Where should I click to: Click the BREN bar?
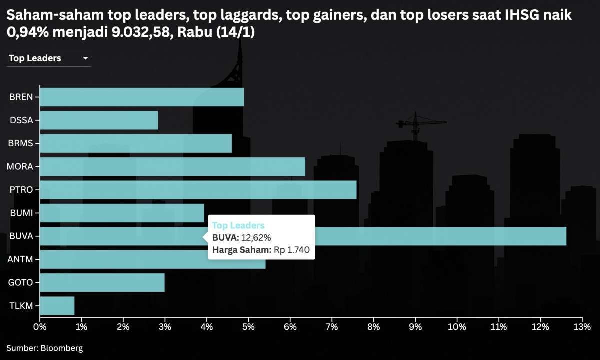142,97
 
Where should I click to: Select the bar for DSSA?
99,120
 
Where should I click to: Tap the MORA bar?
172,166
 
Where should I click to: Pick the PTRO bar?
198,190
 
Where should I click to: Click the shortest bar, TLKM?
57,306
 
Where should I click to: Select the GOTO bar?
102,282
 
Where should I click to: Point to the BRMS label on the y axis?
20,143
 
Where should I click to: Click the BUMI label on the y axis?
21,213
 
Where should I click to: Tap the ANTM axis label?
20,259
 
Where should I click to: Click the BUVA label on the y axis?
21,236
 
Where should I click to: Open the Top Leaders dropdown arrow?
85,58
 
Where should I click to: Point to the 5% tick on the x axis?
248,327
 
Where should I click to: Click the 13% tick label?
582,327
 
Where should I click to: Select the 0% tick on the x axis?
40,327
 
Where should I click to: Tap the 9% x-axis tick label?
415,327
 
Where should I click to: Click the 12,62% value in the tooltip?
256,238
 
